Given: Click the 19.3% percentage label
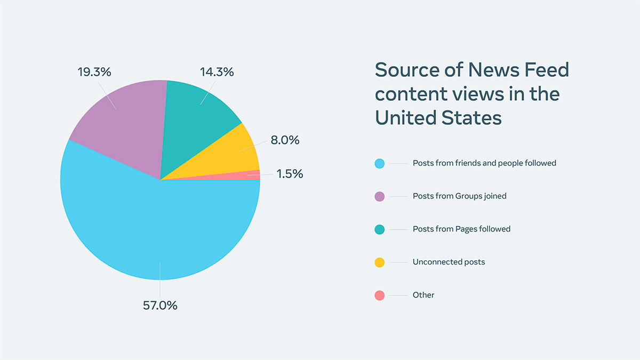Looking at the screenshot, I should coord(94,72).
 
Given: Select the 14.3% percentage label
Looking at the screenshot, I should coord(217,72).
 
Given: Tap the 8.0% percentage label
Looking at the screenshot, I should coord(285,140).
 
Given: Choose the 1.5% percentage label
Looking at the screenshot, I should coord(290,174).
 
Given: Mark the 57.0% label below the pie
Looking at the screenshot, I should coord(160,306).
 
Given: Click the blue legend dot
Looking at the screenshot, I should coord(380,163).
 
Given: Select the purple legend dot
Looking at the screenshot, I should coord(380,196).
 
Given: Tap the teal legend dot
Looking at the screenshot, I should coord(380,229).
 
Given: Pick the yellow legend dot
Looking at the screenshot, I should coord(380,262).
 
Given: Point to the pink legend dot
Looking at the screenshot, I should coord(380,295).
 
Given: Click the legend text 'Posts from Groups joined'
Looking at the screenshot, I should coord(459,196).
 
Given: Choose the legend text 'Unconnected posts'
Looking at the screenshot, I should coord(449,262).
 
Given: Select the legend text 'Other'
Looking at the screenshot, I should coord(423,295).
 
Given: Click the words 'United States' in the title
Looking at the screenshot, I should coord(438,117).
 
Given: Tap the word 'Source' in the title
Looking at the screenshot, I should coord(411,70).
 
